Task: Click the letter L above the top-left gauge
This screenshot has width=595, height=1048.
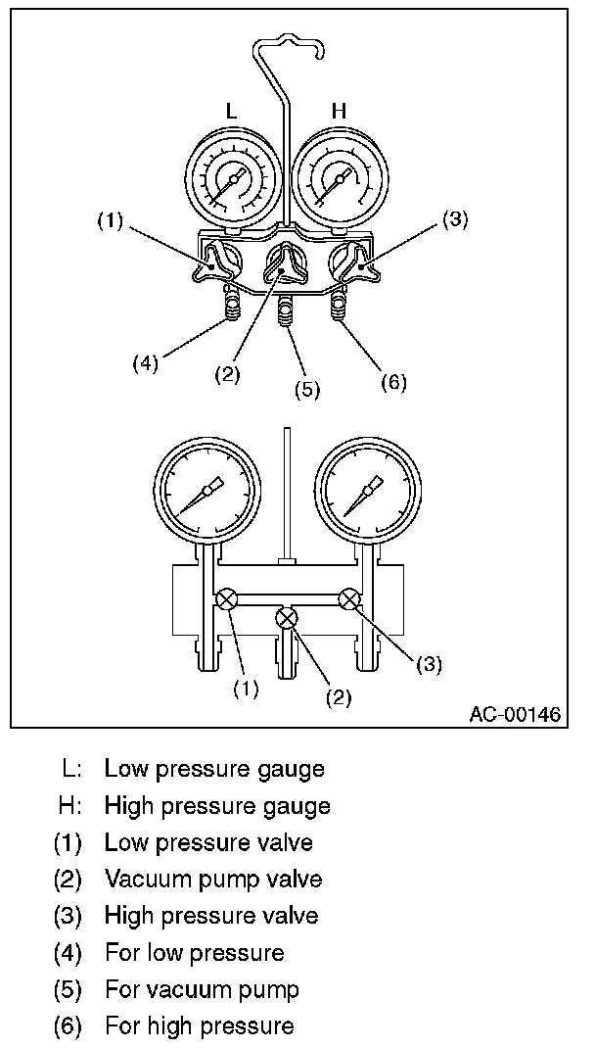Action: pyautogui.click(x=231, y=112)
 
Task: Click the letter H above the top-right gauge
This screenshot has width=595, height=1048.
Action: pyautogui.click(x=339, y=112)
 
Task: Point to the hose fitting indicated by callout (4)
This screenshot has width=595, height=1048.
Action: pyautogui.click(x=232, y=308)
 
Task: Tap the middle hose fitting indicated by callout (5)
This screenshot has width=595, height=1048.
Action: pyautogui.click(x=286, y=314)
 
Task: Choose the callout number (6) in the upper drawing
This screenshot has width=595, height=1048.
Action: pyautogui.click(x=393, y=381)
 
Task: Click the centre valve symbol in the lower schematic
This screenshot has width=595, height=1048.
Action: pyautogui.click(x=287, y=618)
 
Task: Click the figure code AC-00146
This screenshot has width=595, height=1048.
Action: pyautogui.click(x=515, y=714)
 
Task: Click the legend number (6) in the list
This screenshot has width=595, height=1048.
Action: pyautogui.click(x=68, y=1025)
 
